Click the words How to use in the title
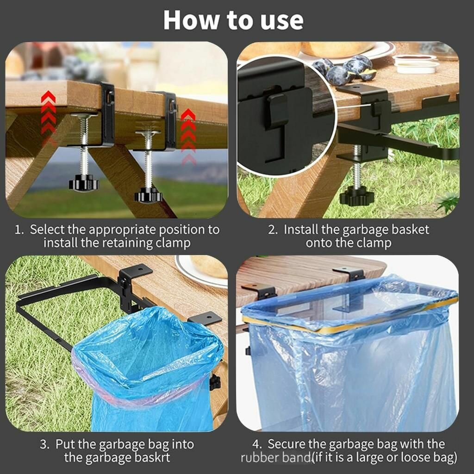click(233, 20)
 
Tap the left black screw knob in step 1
click(84, 183)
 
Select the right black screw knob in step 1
click(149, 195)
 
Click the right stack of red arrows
click(188, 137)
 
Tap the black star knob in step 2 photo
click(357, 196)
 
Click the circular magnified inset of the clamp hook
click(286, 115)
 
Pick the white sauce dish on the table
click(416, 64)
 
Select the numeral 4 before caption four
click(257, 444)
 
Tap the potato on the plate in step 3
click(209, 266)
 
